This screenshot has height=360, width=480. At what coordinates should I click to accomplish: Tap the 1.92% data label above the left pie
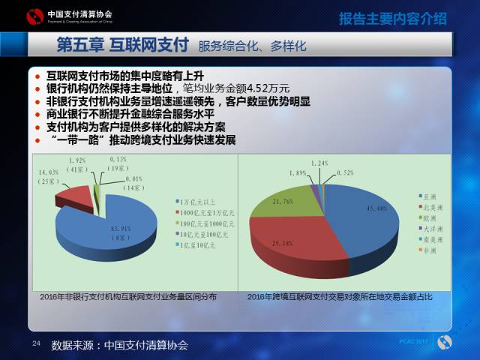click(x=79, y=165)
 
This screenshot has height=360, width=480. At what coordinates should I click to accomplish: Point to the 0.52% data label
click(x=346, y=172)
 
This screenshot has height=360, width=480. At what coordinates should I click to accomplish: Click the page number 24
click(x=35, y=343)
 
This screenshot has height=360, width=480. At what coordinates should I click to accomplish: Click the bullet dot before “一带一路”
click(x=39, y=140)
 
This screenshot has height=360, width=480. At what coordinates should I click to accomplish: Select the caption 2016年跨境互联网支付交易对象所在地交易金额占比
click(x=340, y=298)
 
